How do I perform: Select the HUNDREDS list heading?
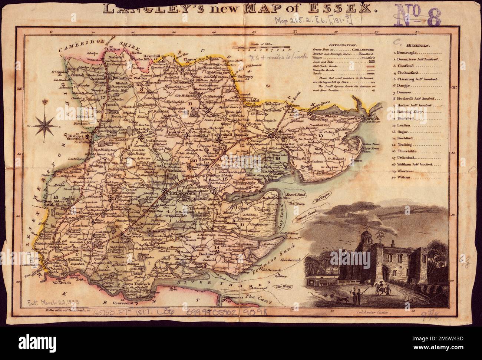pos(417,46)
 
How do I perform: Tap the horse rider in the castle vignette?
pos(379,287)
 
